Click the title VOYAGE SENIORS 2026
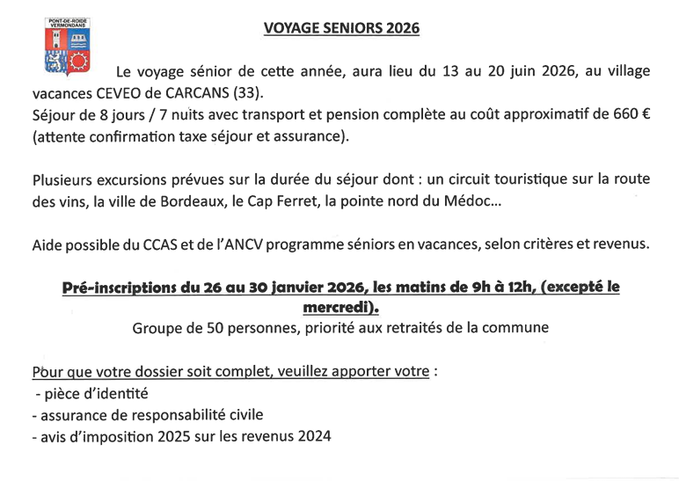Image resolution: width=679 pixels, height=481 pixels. [x=342, y=28]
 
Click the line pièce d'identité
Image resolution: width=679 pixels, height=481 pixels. [x=91, y=393]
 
